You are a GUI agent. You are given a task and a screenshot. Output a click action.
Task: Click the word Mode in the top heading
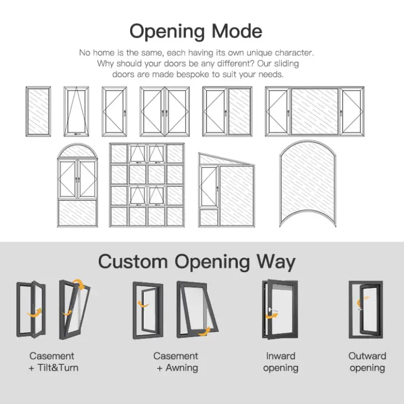click(237, 31)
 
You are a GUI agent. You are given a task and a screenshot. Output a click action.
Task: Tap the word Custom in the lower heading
click(133, 261)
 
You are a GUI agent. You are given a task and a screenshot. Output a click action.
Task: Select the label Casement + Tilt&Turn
click(53, 362)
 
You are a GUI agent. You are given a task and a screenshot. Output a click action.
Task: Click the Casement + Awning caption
click(176, 362)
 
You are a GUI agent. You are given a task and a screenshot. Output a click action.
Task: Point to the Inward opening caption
click(281, 362)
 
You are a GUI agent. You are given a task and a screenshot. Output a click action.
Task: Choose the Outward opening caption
click(367, 362)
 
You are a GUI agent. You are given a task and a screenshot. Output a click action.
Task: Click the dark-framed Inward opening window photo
click(280, 309)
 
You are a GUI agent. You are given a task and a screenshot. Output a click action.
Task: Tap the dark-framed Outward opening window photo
click(366, 309)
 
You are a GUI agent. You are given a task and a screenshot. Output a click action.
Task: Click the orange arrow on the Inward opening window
click(272, 315)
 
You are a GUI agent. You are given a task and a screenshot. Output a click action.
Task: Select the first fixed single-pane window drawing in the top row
click(38, 111)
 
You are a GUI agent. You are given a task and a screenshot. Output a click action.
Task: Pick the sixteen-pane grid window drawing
click(147, 185)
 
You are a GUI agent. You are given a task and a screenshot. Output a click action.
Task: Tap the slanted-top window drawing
click(227, 190)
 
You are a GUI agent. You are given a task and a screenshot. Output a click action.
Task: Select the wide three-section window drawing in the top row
click(315, 111)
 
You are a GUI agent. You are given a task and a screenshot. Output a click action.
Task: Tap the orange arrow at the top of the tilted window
click(79, 284)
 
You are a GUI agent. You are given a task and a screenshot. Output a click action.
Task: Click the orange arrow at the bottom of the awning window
click(204, 332)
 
